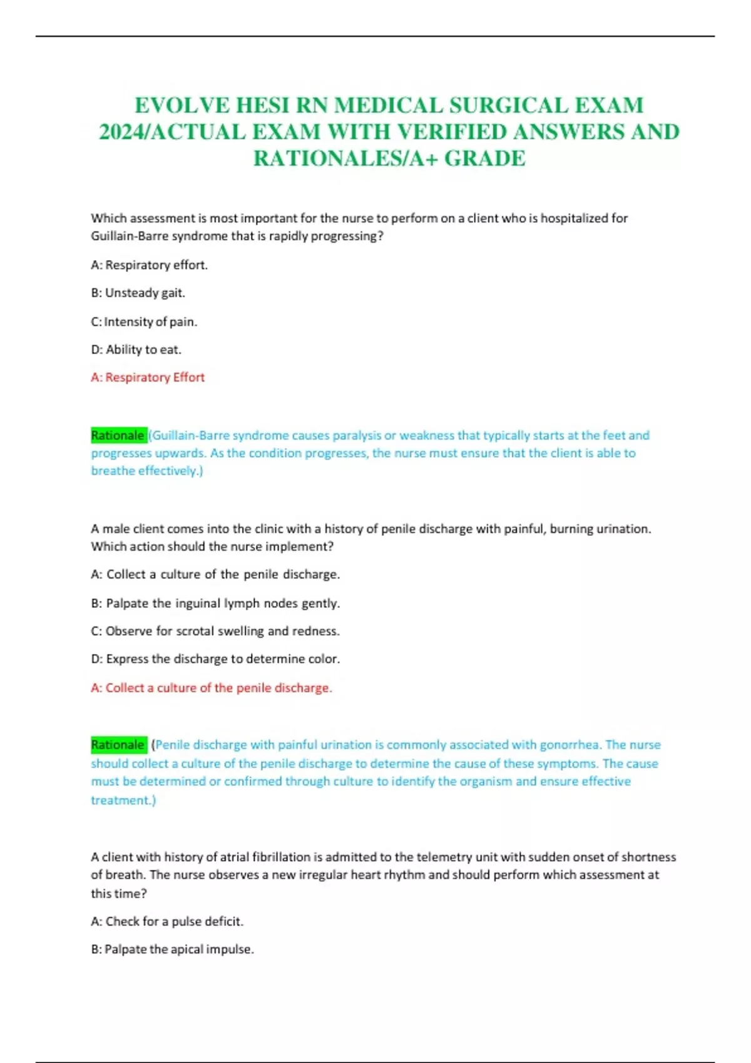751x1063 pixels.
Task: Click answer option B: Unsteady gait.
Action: pos(138,293)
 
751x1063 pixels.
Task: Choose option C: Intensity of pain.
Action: pos(144,321)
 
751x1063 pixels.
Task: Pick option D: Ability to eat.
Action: pos(136,350)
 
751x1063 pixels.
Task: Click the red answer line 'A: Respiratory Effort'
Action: pos(148,377)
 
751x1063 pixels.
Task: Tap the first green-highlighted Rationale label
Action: pos(118,435)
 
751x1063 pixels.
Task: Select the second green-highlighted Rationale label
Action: pos(118,745)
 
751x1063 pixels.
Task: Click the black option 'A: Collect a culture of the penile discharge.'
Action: pos(215,574)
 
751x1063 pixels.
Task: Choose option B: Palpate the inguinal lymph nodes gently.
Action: pos(215,603)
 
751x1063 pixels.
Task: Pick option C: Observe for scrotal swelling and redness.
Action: pos(215,631)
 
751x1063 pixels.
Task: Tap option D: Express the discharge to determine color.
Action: pos(215,658)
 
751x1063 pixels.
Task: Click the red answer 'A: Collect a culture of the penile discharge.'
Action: pos(212,688)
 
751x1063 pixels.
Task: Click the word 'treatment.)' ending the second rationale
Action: pos(123,800)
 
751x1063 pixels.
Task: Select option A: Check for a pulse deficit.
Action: pos(167,921)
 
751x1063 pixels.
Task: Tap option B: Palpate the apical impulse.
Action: pos(172,949)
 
